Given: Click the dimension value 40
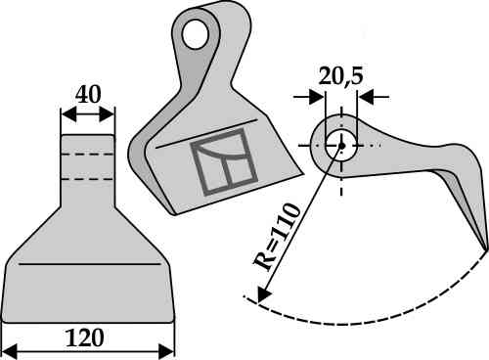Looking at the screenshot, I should tap(87, 94).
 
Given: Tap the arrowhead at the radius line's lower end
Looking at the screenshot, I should tap(260, 294).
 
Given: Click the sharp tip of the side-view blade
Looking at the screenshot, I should tap(484, 247).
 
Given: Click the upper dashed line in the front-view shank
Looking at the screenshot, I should tap(87, 155).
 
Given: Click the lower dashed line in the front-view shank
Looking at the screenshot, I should tap(87, 178).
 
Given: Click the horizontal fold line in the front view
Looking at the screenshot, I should tap(87, 264).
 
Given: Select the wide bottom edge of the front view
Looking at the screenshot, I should tap(87, 321).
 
